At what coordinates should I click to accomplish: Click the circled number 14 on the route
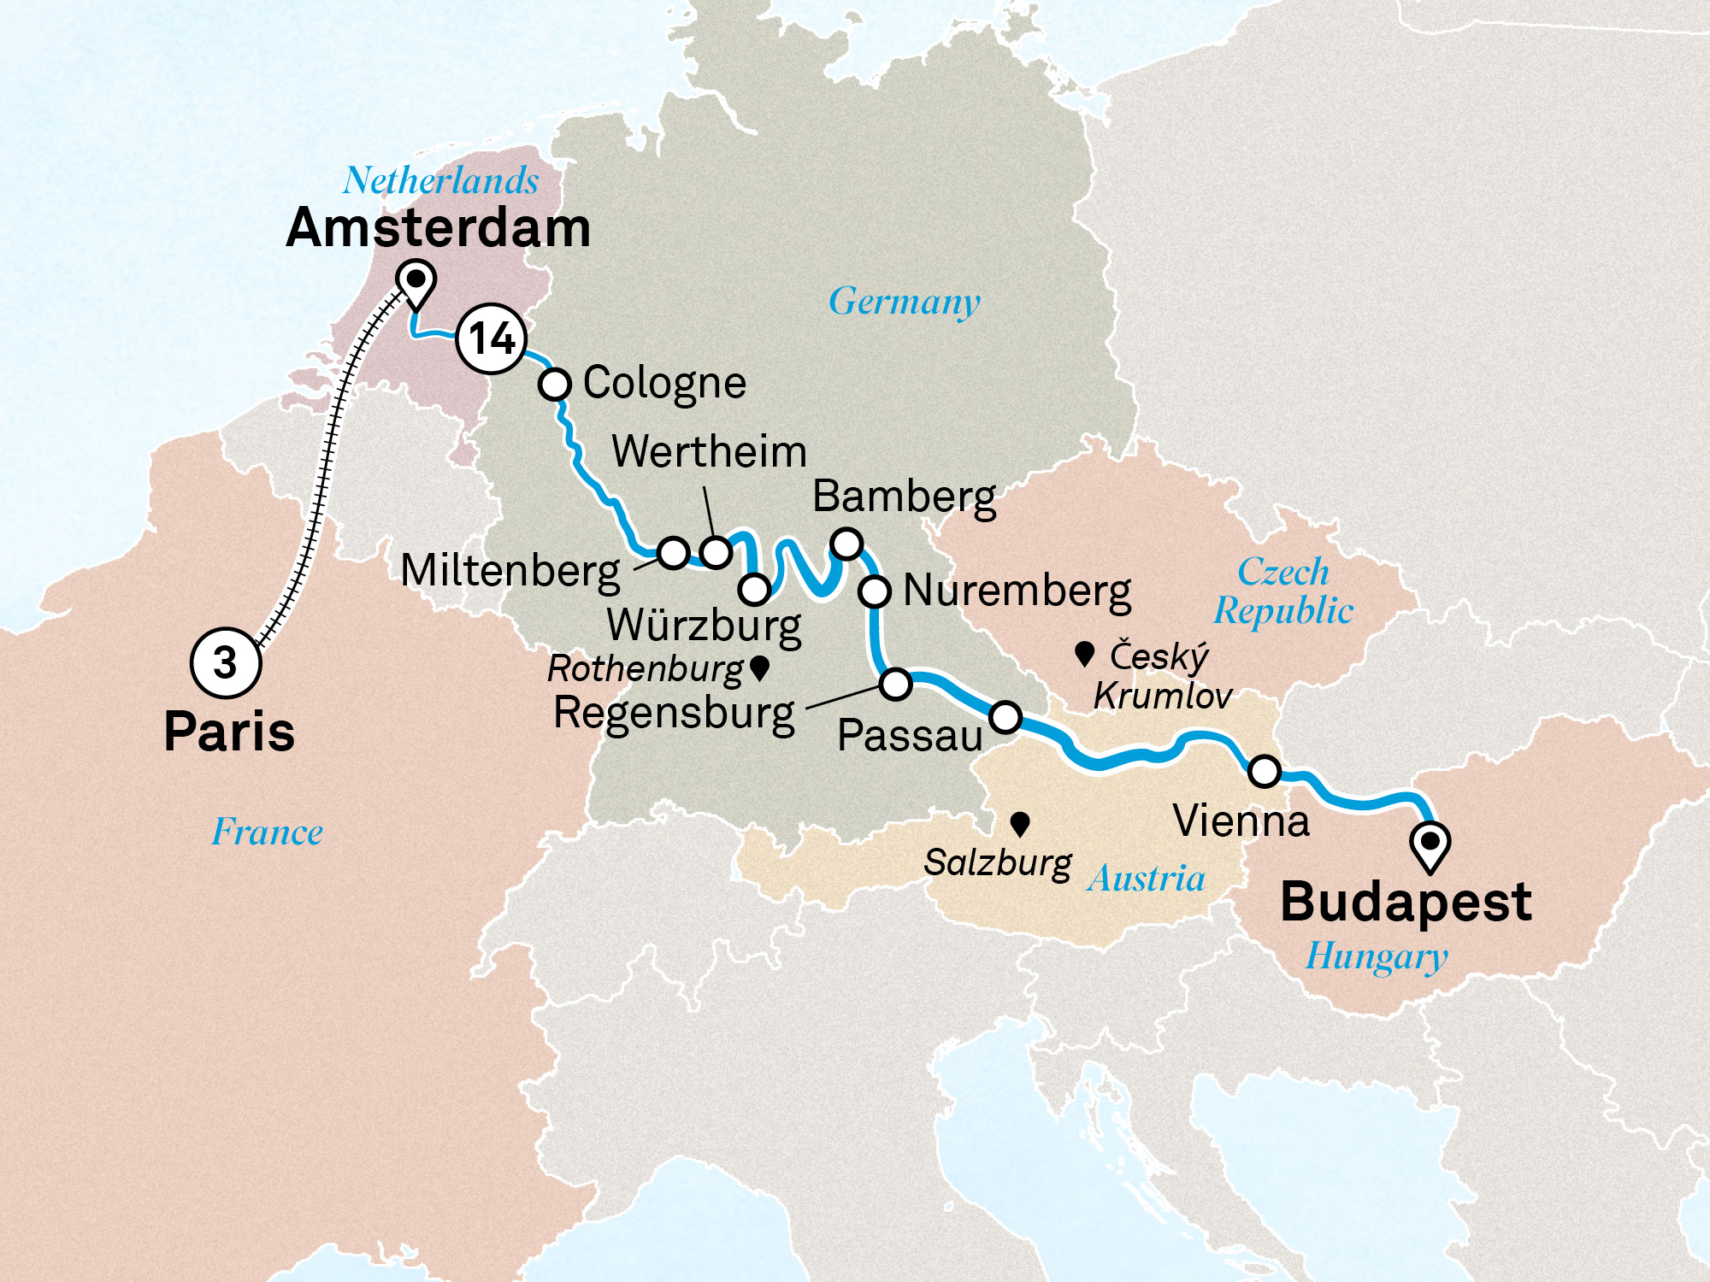click(x=491, y=338)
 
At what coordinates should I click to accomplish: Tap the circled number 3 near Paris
click(x=225, y=663)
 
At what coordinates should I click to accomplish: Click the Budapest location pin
click(x=1430, y=844)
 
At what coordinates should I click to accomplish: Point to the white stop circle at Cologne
click(x=555, y=384)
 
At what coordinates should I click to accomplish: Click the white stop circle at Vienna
click(x=1265, y=771)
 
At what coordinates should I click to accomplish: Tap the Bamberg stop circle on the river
click(x=847, y=544)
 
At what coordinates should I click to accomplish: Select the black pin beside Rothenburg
click(x=759, y=667)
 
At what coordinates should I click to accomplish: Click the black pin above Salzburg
click(x=1019, y=825)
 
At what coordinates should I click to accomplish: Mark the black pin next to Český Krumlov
click(x=1085, y=655)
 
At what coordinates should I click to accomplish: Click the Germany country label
click(x=905, y=302)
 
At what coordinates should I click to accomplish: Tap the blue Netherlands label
click(x=440, y=180)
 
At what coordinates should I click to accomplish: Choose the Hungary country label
click(x=1377, y=956)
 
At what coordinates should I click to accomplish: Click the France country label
click(x=268, y=832)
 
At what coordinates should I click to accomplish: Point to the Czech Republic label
click(x=1283, y=591)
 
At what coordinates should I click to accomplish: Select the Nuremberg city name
click(x=1017, y=591)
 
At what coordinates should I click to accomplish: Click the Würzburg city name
click(x=704, y=626)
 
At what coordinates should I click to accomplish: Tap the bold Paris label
click(x=229, y=732)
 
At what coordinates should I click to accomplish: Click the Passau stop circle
click(x=1005, y=716)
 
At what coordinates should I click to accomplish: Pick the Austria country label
click(x=1146, y=879)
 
